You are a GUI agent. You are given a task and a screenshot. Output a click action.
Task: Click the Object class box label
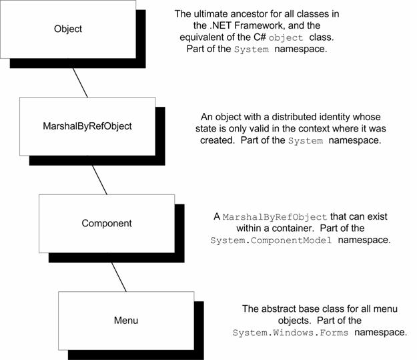pyautogui.click(x=68, y=29)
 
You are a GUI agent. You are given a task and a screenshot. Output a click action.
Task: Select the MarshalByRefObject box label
pyautogui.click(x=87, y=126)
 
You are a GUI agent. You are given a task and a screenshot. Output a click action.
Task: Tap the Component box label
pyautogui.click(x=107, y=223)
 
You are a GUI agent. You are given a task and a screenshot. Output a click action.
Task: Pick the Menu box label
pyautogui.click(x=126, y=321)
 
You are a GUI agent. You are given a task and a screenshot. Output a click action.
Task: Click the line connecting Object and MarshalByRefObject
pyautogui.click(x=80, y=83)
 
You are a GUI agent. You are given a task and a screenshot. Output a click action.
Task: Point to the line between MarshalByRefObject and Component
pyautogui.click(x=99, y=180)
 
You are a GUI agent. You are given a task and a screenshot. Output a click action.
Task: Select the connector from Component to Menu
pyautogui.click(x=119, y=277)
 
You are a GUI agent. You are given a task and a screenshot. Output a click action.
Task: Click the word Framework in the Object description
pyautogui.click(x=260, y=25)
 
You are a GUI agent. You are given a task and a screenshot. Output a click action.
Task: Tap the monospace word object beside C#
pyautogui.click(x=286, y=38)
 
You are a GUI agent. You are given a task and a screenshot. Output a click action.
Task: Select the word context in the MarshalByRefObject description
pyautogui.click(x=314, y=129)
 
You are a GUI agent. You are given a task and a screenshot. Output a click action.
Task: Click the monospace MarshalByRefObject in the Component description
pyautogui.click(x=275, y=217)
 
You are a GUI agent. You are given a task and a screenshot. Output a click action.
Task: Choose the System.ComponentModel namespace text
pyautogui.click(x=271, y=240)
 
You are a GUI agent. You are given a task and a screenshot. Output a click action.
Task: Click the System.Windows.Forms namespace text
pyautogui.click(x=290, y=333)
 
